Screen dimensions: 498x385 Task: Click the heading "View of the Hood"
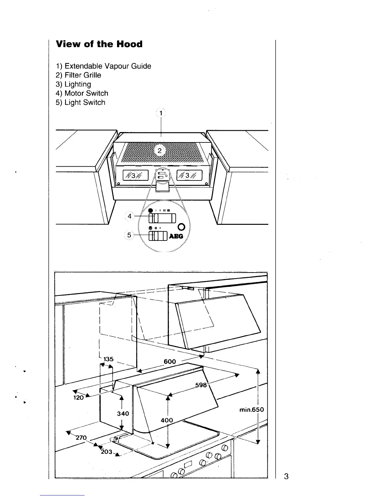99,44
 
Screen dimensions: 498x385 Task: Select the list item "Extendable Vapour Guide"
103,66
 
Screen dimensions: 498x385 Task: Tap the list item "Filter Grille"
79,75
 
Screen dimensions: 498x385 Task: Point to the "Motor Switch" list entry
82,93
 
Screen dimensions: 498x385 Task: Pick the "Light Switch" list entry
81,102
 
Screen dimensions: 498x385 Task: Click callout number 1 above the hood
161,113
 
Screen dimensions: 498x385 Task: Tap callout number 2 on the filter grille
159,151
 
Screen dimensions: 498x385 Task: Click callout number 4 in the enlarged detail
130,216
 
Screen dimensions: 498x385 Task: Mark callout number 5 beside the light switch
129,235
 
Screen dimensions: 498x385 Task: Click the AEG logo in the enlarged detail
176,236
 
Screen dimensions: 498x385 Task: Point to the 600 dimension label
170,362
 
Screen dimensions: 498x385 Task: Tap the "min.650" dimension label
251,410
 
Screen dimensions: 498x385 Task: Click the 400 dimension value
167,420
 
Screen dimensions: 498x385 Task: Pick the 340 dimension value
123,413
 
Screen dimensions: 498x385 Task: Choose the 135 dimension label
109,359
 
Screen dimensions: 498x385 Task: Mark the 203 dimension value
107,452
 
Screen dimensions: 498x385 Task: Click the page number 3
286,476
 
